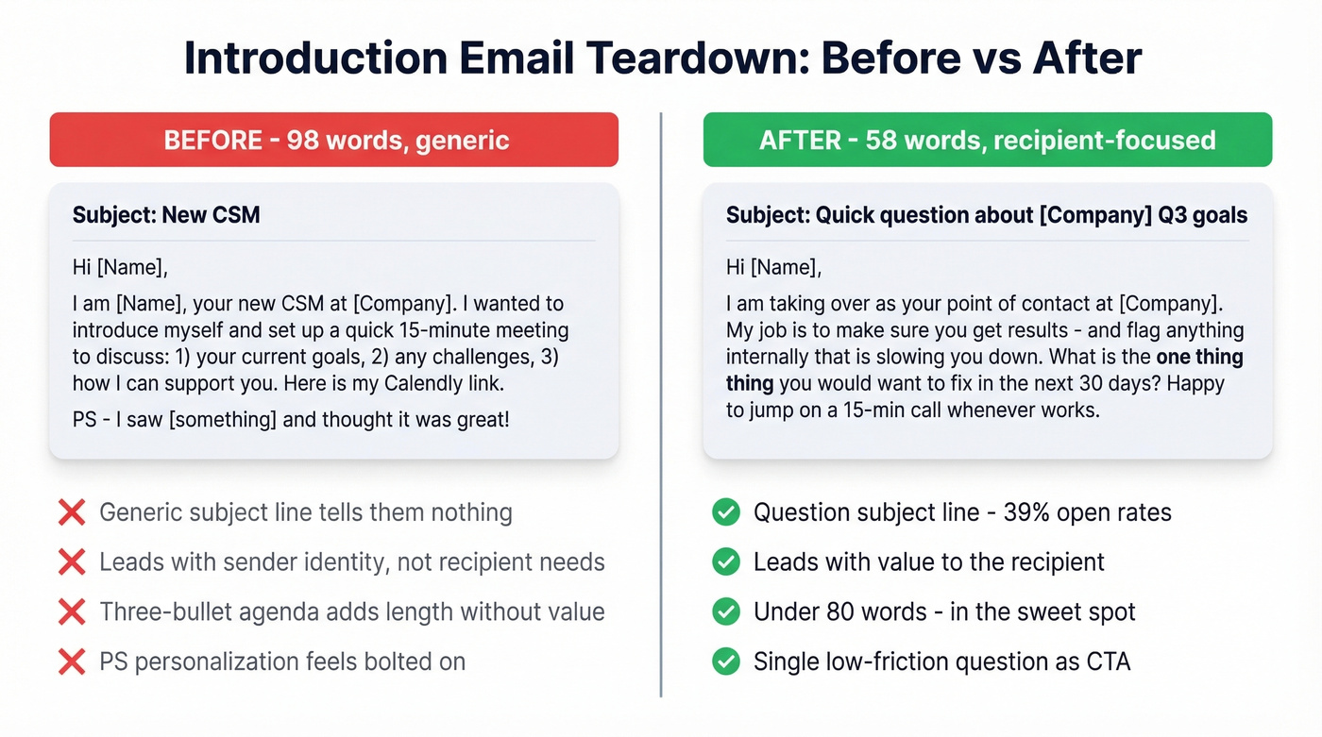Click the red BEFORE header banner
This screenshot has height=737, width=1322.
333,140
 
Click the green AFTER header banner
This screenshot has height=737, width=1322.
987,140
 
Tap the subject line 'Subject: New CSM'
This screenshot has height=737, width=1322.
166,215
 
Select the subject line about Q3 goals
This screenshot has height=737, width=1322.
987,215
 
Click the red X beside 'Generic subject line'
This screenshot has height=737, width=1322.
72,513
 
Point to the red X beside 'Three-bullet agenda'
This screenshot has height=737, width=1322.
72,611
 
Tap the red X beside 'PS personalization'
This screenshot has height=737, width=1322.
72,662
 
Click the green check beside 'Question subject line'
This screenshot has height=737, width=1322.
725,513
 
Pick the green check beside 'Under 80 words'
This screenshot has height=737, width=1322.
725,611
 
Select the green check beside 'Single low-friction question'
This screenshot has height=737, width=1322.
725,662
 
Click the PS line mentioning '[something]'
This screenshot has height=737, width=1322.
291,419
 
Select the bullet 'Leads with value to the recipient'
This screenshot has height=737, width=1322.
928,562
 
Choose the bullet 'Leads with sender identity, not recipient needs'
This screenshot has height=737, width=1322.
351,562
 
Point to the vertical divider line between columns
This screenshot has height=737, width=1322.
661,406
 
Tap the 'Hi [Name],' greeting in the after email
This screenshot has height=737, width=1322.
773,267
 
